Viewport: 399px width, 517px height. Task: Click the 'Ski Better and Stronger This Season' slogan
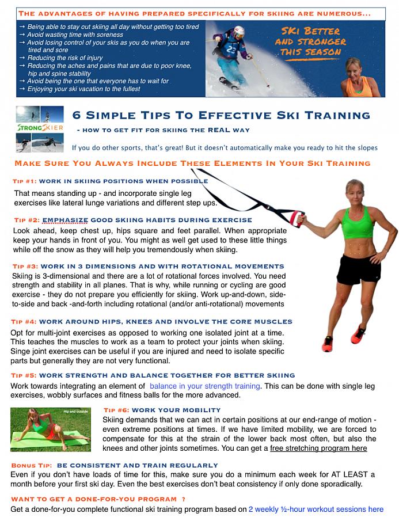point(310,42)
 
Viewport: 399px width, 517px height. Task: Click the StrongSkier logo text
point(40,128)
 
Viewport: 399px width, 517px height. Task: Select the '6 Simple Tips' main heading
point(221,115)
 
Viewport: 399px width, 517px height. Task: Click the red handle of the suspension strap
point(297,219)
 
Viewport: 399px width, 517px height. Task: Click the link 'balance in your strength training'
point(205,386)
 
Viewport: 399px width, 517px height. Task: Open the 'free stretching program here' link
point(318,448)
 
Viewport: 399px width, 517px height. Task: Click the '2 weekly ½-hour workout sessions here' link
point(316,509)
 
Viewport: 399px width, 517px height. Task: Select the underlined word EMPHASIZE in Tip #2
point(65,220)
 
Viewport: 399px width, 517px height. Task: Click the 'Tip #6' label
point(116,410)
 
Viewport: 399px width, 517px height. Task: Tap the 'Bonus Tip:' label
point(32,465)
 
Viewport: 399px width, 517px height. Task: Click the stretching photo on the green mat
point(51,429)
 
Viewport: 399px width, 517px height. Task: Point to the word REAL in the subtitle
point(219,130)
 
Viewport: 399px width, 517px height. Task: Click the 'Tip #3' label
point(25,266)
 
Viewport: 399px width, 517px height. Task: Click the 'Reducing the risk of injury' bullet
point(64,58)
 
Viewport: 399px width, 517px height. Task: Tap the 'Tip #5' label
point(24,375)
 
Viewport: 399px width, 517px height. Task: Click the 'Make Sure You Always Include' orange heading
point(192,163)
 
